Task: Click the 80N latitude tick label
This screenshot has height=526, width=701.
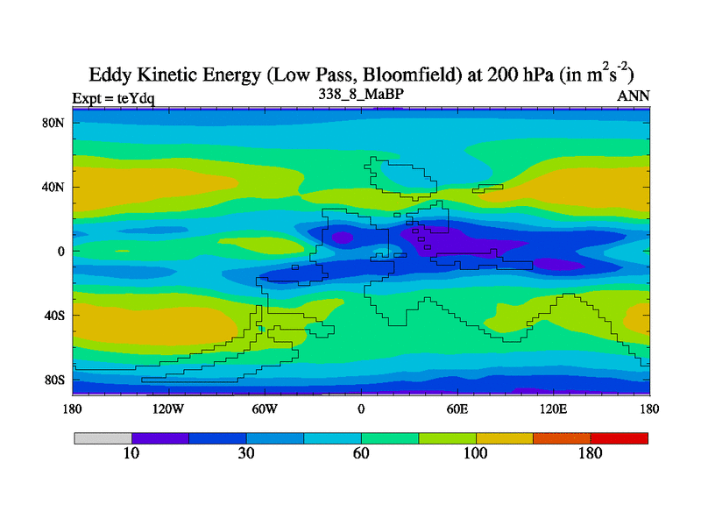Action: click(54, 123)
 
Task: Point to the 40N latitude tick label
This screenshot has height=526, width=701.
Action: click(54, 187)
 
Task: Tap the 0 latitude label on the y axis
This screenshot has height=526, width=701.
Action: click(61, 251)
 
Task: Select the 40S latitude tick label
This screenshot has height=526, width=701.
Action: click(54, 316)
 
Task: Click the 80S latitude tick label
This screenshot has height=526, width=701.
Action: click(54, 380)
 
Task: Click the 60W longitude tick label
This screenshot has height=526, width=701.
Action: click(265, 409)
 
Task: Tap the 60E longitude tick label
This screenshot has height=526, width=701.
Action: click(457, 409)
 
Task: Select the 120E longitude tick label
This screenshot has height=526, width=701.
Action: click(554, 409)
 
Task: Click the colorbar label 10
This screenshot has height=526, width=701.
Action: click(131, 453)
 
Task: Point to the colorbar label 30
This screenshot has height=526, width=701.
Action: click(246, 453)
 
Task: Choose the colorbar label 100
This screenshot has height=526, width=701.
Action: click(475, 453)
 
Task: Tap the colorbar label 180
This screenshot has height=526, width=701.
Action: click(590, 453)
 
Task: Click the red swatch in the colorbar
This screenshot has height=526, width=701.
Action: click(619, 437)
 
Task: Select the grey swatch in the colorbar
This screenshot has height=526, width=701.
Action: click(103, 437)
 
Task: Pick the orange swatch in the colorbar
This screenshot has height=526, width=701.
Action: click(562, 437)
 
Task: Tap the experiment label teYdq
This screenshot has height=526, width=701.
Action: click(136, 97)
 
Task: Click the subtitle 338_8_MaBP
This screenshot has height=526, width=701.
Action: click(361, 93)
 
